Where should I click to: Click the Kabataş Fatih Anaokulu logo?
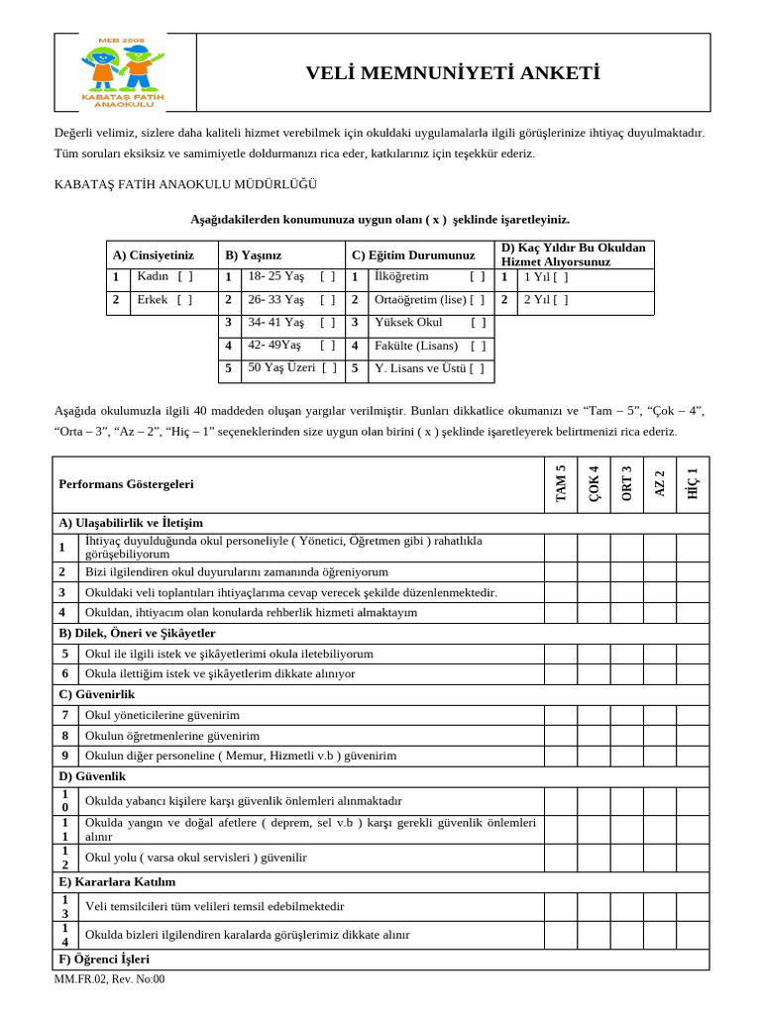coord(124,72)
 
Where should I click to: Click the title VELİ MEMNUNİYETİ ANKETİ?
coord(453,73)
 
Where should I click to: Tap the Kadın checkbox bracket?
coord(185,277)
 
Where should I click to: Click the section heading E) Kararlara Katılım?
coord(118,881)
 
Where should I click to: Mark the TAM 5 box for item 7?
coord(561,715)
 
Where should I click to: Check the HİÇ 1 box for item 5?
coord(693,654)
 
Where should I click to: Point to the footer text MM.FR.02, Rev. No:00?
coord(110,979)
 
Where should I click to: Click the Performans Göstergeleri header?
coord(127,484)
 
